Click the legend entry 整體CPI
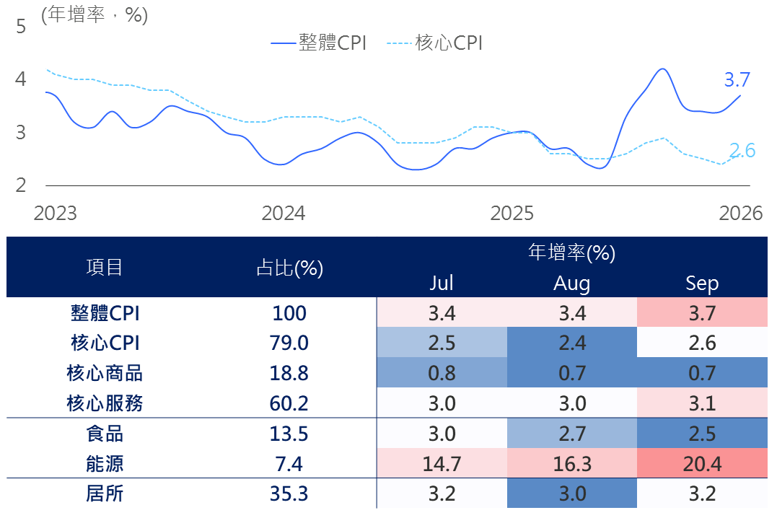pyautogui.click(x=318, y=43)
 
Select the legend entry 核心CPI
pyautogui.click(x=434, y=43)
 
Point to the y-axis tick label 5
pyautogui.click(x=20, y=26)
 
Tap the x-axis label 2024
pyautogui.click(x=283, y=213)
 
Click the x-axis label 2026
pyautogui.click(x=740, y=213)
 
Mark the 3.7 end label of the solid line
pyautogui.click(x=737, y=80)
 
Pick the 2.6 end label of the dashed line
pyautogui.click(x=742, y=150)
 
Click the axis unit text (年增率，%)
pyautogui.click(x=95, y=15)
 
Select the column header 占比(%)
pyautogui.click(x=289, y=268)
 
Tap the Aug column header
pyautogui.click(x=572, y=283)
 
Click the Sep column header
pyautogui.click(x=702, y=283)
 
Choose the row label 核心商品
pyautogui.click(x=105, y=373)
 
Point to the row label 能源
pyautogui.click(x=105, y=464)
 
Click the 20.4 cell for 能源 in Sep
pyautogui.click(x=702, y=463)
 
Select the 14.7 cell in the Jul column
pyautogui.click(x=442, y=463)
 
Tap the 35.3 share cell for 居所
pyautogui.click(x=289, y=493)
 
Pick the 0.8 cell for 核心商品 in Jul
pyautogui.click(x=442, y=373)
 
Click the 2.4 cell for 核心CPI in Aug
pyautogui.click(x=572, y=343)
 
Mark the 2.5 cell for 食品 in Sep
pyautogui.click(x=702, y=434)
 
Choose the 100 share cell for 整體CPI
pyautogui.click(x=289, y=313)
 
